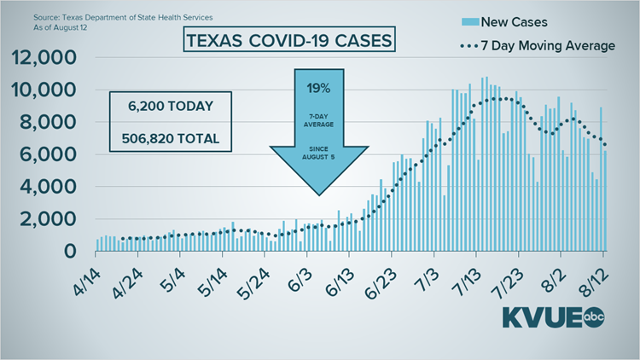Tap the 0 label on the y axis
[x=83, y=251]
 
